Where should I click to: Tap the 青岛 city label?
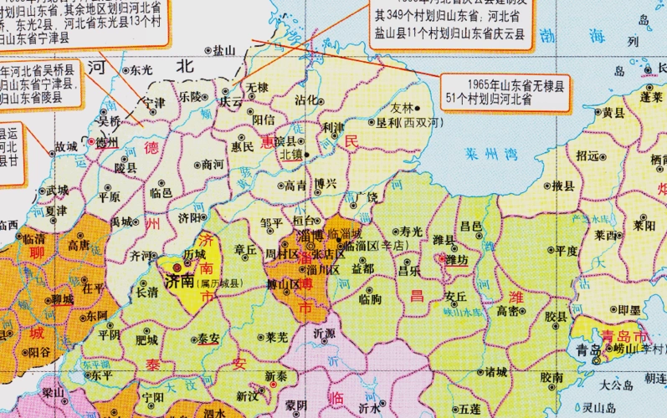point(577,349)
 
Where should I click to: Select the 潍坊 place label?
point(457,261)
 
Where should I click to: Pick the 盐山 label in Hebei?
point(223,50)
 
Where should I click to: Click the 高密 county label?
point(508,311)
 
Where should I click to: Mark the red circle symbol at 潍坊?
point(444,260)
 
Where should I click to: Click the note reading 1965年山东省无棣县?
point(504,84)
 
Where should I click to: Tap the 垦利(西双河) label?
point(409,122)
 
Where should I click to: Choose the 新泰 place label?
point(277,377)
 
